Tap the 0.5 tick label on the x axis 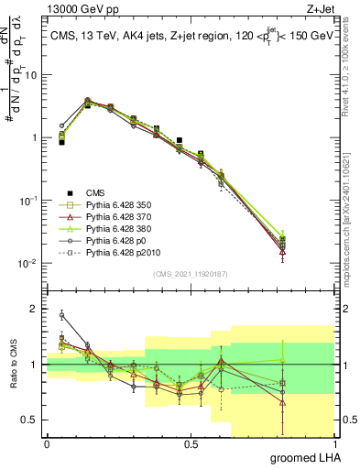coord(191,443)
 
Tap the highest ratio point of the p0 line coord(61,314)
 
